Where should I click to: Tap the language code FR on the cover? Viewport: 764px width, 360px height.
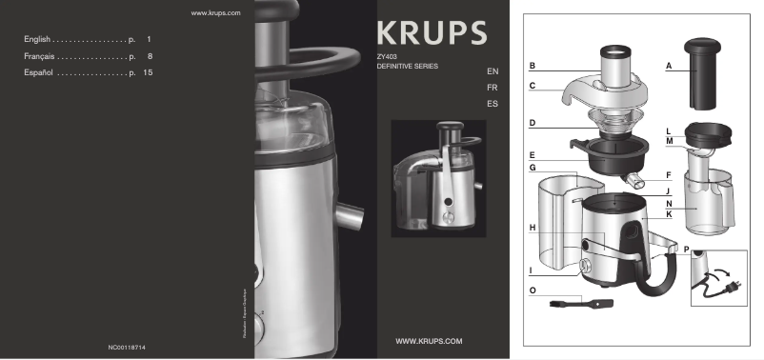492,87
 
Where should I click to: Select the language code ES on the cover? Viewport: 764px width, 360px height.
492,102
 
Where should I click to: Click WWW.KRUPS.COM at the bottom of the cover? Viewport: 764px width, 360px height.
428,340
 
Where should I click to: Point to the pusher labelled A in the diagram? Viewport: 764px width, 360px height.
699,70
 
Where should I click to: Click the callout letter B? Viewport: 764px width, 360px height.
533,66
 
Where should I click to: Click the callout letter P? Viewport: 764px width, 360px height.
686,250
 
